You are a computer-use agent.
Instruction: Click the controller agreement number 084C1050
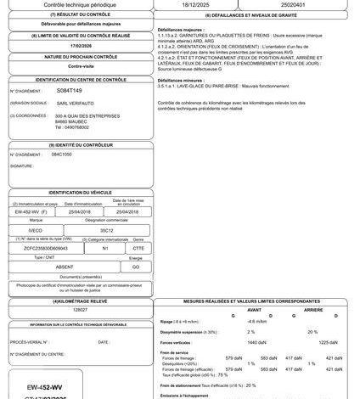pos(62,155)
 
